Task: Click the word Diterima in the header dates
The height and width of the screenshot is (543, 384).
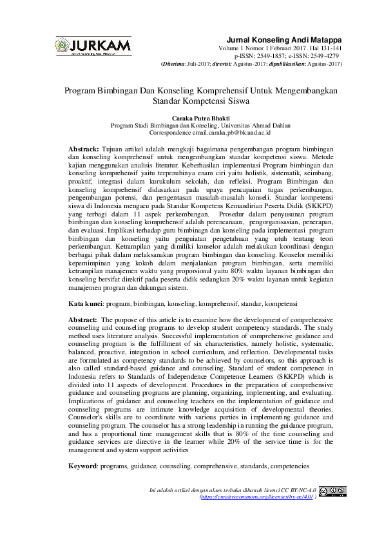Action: pyautogui.click(x=173, y=64)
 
